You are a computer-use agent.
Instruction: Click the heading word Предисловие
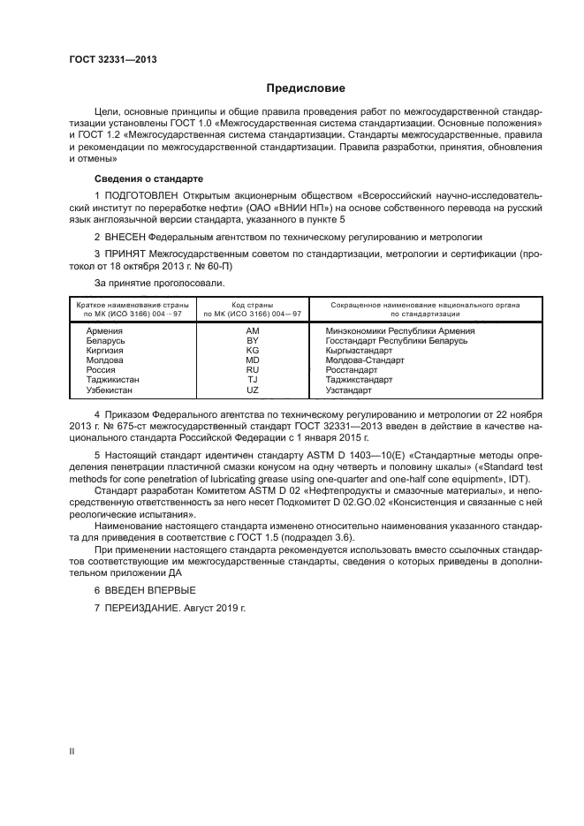click(307, 88)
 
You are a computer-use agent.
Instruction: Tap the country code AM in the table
click(252, 330)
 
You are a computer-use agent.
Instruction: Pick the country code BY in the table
click(252, 339)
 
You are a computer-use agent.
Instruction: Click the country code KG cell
click(252, 350)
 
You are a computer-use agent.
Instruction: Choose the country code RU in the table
click(252, 370)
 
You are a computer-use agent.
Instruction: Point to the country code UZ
click(252, 390)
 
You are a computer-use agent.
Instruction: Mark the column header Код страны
click(252, 304)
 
